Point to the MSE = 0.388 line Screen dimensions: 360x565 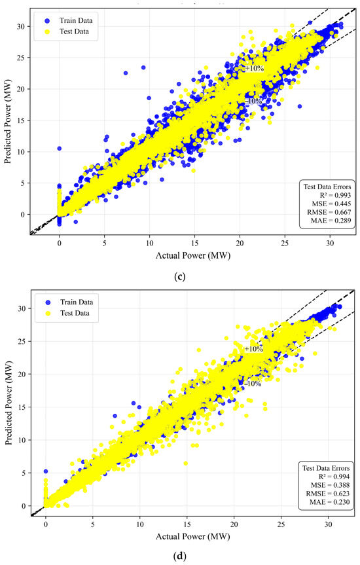tap(331, 485)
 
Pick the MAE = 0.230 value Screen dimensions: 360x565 tap(330, 502)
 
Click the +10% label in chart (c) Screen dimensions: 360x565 tap(255, 68)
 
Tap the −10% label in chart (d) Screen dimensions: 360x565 tap(253, 384)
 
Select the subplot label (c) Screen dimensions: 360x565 tap(179, 277)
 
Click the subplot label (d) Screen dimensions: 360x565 tap(179, 556)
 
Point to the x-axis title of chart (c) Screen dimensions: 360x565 tap(193, 255)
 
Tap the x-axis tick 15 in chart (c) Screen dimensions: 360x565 tap(194, 244)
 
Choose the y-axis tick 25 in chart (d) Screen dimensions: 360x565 tap(22, 341)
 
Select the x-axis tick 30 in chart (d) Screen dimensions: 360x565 tap(328, 524)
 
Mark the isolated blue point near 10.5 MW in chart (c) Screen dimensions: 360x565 tap(60, 148)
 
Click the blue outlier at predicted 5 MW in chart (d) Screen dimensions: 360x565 tap(46, 471)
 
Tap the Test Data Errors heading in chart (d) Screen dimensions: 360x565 tap(326, 468)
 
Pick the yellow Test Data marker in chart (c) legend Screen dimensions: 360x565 tap(47, 31)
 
